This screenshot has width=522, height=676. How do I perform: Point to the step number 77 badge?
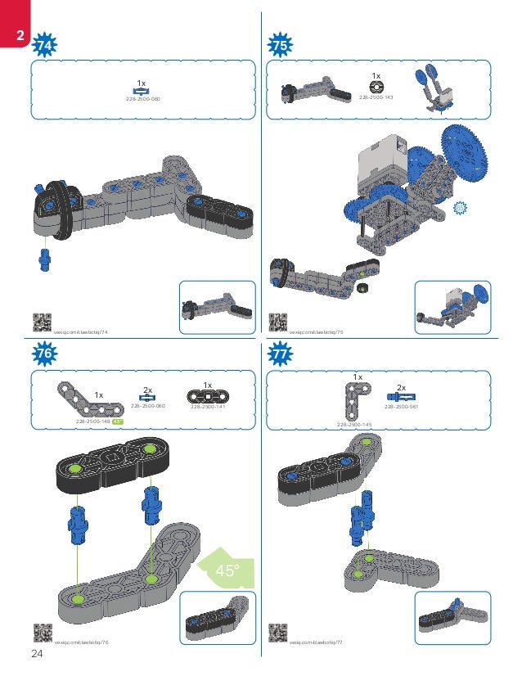281,353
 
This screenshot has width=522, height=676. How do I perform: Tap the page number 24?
37,653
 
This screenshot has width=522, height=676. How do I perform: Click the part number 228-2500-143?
376,97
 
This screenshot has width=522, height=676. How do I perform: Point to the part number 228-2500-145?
353,425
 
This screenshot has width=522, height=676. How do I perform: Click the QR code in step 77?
277,633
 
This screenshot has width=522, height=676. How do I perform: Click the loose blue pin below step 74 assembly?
45,258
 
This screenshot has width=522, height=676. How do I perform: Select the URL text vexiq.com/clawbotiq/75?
316,333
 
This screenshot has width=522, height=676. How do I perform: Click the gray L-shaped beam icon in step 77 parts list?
354,400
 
